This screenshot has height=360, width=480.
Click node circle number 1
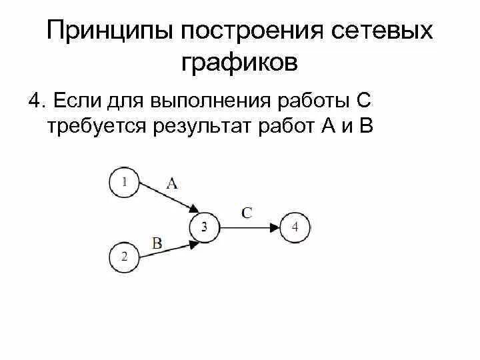point(123,181)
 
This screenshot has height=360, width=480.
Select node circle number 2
point(123,257)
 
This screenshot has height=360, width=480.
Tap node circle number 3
point(205,227)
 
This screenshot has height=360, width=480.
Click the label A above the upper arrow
point(171,183)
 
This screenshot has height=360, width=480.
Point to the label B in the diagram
point(157,243)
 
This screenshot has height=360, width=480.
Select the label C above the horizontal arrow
point(247,213)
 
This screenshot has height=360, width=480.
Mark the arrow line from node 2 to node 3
point(163,251)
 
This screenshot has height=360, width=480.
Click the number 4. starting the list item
point(36,101)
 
